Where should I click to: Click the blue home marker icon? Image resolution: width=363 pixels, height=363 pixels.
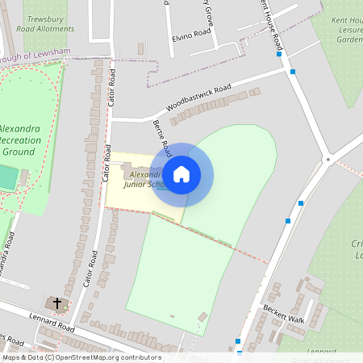pos(181,173)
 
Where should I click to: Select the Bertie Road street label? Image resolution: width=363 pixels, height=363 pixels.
pos(162,138)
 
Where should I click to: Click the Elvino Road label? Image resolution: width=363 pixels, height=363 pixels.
pos(191,35)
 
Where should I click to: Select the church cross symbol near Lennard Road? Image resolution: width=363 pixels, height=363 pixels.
pos(56,303)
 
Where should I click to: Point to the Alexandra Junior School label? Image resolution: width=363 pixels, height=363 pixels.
pos(145,179)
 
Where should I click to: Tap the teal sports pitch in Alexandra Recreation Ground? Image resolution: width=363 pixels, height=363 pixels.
pos(7,177)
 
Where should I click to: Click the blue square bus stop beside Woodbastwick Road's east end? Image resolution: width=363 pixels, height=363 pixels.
pos(292,72)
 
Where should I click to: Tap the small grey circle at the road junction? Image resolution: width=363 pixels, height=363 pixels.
pos(328,160)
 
